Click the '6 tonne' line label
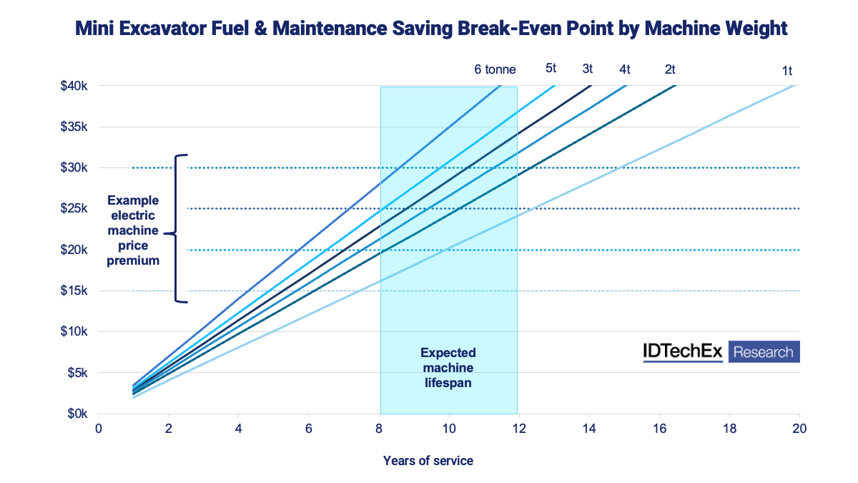click(495, 69)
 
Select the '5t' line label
click(551, 69)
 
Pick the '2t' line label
click(670, 69)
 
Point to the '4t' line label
click(625, 69)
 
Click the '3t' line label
click(587, 69)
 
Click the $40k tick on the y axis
click(74, 86)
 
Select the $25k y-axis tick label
click(74, 209)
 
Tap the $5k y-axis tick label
click(77, 373)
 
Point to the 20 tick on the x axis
click(799, 427)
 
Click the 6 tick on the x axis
click(309, 427)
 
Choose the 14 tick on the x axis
click(589, 427)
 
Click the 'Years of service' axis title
click(428, 461)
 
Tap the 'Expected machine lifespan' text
click(448, 368)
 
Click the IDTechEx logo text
click(684, 352)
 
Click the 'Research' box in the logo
click(764, 352)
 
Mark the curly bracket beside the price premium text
click(179, 229)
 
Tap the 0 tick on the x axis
click(99, 427)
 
